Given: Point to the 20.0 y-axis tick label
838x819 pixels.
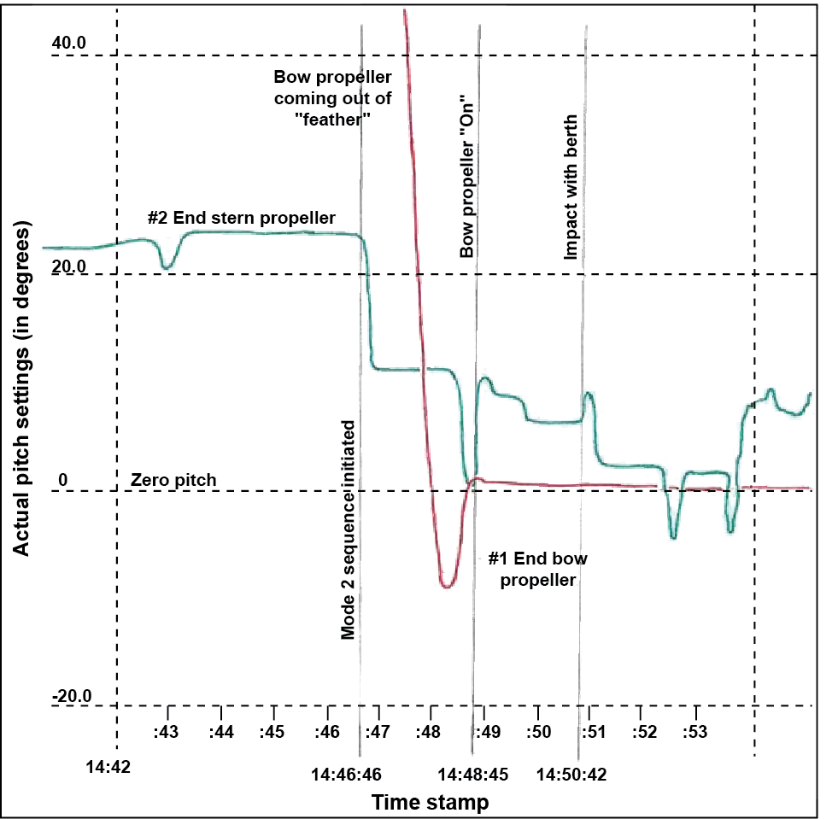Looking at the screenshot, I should (x=69, y=266).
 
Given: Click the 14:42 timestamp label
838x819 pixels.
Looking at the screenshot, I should (x=108, y=766).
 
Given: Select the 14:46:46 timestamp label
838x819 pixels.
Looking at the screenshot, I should (x=346, y=775).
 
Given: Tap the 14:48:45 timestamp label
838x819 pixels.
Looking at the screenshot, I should (x=473, y=775).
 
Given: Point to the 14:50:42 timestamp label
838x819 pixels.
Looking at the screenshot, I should (x=571, y=775).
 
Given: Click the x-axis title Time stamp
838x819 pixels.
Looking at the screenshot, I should (x=430, y=803).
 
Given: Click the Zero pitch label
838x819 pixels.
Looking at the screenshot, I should (x=173, y=480).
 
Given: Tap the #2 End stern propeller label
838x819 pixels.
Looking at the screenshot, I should (x=241, y=218).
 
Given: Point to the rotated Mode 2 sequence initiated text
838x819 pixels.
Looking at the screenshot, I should (x=348, y=529).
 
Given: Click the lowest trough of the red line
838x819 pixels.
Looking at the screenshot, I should (x=447, y=586).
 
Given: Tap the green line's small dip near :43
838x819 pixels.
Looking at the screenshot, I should (x=167, y=267).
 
